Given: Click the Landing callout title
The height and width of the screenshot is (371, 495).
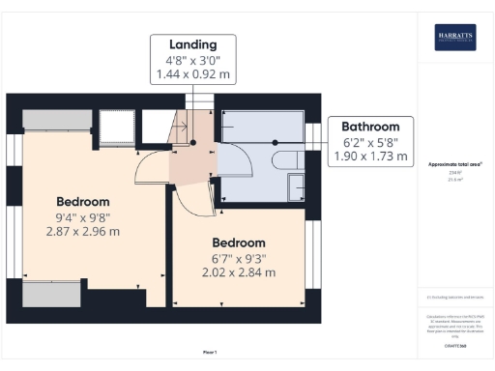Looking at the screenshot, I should [x=191, y=44].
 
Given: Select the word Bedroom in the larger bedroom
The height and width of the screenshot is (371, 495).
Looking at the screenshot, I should [x=81, y=201].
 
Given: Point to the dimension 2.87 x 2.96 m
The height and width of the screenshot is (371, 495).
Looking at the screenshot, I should [x=81, y=232].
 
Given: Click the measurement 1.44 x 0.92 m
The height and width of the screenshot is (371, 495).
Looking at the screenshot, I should [x=191, y=74].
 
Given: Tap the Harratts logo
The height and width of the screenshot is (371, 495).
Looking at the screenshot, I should [x=453, y=39].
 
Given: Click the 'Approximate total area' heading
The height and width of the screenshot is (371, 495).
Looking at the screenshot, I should [x=454, y=165].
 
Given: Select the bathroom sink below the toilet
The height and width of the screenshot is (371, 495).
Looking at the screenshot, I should [x=290, y=185].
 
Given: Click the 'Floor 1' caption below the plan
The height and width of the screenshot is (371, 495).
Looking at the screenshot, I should [x=210, y=352].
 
